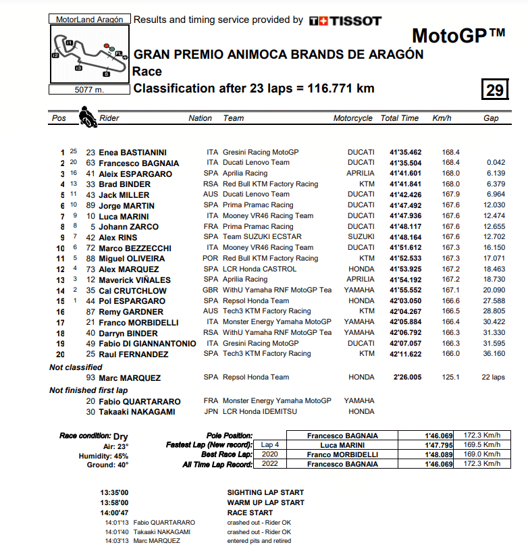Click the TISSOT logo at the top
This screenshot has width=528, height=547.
click(x=345, y=21)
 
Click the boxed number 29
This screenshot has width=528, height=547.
click(x=495, y=90)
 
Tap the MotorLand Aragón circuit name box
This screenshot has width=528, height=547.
click(x=88, y=20)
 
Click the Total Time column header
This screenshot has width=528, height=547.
click(x=399, y=118)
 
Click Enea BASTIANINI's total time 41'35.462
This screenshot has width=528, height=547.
click(x=405, y=153)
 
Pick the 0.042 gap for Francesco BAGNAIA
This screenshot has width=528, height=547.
click(x=495, y=163)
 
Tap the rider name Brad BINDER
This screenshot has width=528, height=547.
click(x=125, y=184)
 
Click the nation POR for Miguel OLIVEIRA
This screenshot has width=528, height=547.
click(x=211, y=259)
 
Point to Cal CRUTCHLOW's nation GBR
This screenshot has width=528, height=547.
click(x=211, y=290)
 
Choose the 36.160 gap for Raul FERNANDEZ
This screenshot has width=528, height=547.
click(x=493, y=354)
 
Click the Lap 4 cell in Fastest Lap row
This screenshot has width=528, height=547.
click(x=269, y=445)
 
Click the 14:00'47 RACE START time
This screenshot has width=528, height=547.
click(x=114, y=513)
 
